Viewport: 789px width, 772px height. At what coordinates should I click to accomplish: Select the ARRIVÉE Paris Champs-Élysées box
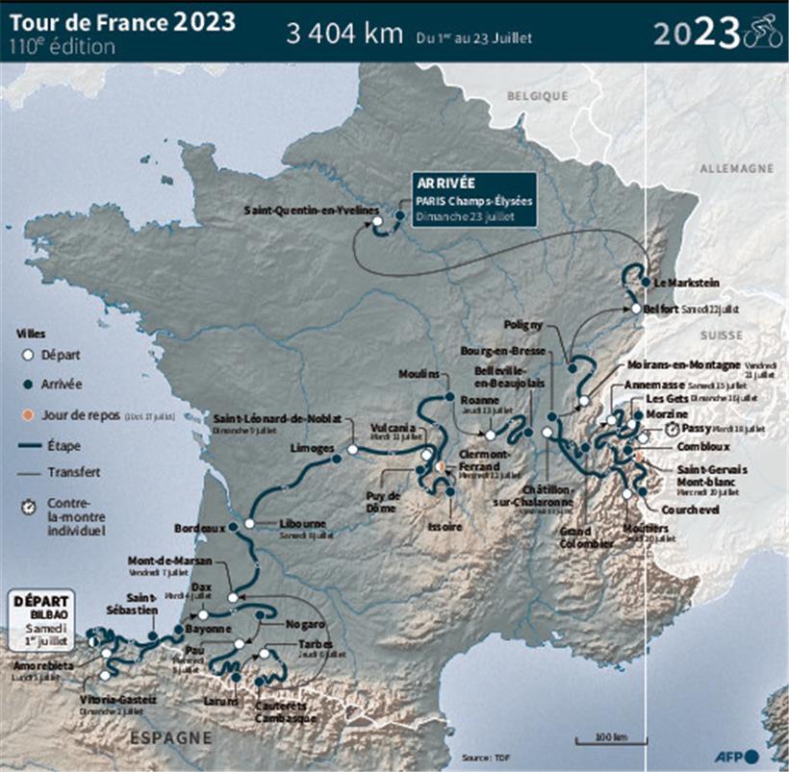coord(471,199)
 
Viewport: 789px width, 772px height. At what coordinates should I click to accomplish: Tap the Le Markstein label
coord(686,283)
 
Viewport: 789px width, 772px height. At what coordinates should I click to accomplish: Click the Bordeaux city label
coord(199,528)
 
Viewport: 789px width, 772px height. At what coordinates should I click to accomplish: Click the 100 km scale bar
coord(603,738)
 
